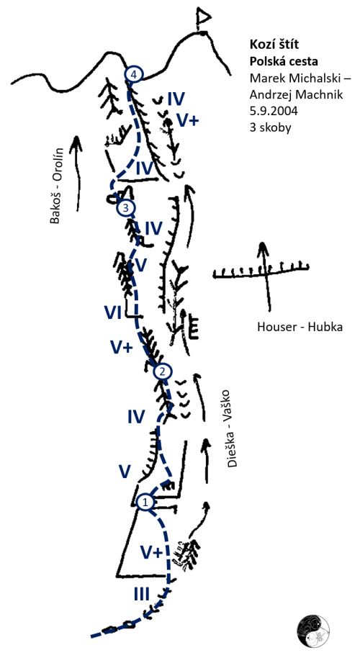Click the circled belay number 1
pyautogui.click(x=145, y=502)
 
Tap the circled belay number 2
pyautogui.click(x=163, y=371)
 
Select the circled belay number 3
pyautogui.click(x=126, y=207)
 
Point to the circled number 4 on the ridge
pyautogui.click(x=134, y=75)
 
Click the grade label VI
pyautogui.click(x=113, y=312)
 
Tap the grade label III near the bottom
pyautogui.click(x=141, y=594)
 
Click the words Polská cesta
pyautogui.click(x=284, y=61)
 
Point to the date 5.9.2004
pyautogui.click(x=272, y=111)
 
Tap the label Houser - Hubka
pyautogui.click(x=300, y=327)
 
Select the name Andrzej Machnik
pyautogui.click(x=296, y=95)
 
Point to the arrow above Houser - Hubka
pyautogui.click(x=264, y=277)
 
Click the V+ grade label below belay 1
pyautogui.click(x=151, y=553)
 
